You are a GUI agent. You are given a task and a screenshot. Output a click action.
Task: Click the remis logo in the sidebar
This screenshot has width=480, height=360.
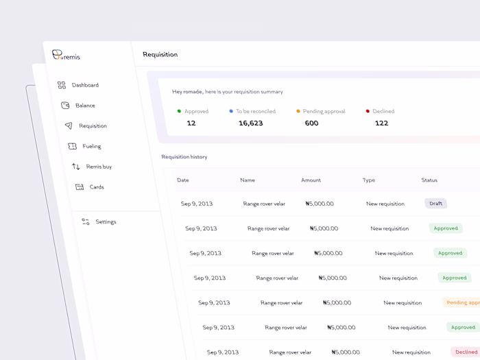[x=66, y=56]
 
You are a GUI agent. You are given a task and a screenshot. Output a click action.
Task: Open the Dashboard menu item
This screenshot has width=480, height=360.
[x=85, y=85]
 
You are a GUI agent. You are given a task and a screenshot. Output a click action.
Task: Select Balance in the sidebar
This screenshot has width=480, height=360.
[x=85, y=106]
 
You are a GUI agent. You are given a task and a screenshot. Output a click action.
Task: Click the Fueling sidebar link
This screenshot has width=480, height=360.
[x=91, y=146]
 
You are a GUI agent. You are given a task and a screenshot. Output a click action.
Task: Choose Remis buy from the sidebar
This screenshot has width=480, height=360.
[x=99, y=167]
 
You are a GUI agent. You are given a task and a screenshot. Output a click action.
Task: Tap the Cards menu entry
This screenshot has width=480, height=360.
[x=97, y=187]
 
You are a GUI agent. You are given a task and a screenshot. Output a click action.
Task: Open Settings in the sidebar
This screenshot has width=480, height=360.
[x=106, y=222]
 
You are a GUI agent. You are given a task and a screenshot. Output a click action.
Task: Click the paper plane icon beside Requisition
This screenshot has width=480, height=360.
[x=69, y=126]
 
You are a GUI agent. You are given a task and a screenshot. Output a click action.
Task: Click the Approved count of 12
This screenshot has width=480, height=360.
[x=191, y=123]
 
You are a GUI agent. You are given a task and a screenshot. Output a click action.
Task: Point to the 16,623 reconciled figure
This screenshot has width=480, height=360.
[x=250, y=123]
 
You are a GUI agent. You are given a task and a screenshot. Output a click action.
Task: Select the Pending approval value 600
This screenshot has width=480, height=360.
[x=311, y=123]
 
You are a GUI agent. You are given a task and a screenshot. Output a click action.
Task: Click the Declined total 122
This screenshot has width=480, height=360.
[x=381, y=123]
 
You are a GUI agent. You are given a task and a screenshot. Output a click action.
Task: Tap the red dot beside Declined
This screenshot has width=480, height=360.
[x=368, y=111]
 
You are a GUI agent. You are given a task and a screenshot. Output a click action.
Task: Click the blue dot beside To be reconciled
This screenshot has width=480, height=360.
[x=231, y=111]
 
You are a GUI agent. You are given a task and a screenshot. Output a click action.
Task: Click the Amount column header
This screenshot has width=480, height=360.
[x=311, y=180]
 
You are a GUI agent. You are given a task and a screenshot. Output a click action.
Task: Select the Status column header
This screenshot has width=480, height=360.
[x=429, y=180]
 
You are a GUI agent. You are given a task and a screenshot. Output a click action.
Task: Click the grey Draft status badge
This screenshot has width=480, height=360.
[x=435, y=204]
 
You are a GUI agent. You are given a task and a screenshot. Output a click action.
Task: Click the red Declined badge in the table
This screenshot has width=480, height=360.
[x=466, y=352]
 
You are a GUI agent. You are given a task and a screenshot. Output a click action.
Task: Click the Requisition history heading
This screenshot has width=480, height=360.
[x=184, y=157]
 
